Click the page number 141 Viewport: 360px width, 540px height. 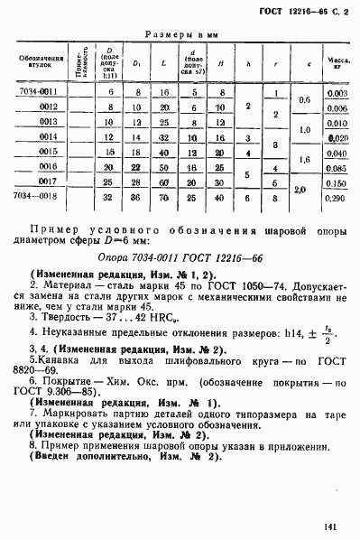pyautogui.click(x=340, y=517)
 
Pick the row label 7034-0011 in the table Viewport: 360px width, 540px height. pyautogui.click(x=37, y=93)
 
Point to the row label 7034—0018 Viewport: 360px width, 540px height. pyautogui.click(x=37, y=195)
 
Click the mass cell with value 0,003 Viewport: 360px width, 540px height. pyautogui.click(x=337, y=93)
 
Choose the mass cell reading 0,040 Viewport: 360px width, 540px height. pyautogui.click(x=337, y=153)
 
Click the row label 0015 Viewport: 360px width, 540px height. pyautogui.click(x=48, y=152)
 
